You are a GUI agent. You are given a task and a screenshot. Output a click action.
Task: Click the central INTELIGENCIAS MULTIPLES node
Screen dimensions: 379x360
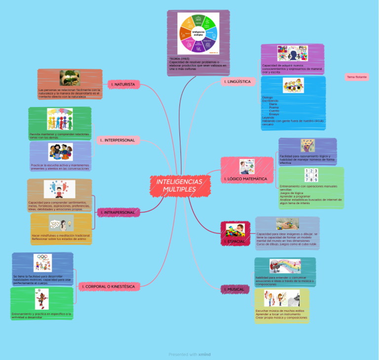[180, 186]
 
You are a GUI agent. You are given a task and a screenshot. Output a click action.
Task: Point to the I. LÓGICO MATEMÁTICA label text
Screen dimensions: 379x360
[246, 179]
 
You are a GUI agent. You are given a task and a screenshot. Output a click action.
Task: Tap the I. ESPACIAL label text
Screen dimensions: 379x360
[234, 241]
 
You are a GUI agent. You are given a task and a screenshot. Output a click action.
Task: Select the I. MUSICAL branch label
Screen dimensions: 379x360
[234, 289]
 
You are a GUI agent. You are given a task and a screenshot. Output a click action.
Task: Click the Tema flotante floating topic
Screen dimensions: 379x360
[357, 77]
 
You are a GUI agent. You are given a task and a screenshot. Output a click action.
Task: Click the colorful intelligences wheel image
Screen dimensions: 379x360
[198, 34]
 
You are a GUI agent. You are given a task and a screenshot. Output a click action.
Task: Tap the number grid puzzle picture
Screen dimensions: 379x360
[311, 176]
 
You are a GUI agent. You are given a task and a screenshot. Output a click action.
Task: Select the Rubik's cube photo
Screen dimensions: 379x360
[287, 224]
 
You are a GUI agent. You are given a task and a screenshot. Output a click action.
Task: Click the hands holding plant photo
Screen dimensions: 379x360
[70, 78]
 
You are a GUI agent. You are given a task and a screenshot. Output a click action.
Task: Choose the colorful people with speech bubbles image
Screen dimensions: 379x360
[60, 119]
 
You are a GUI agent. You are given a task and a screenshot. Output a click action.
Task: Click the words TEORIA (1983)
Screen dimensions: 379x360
[179, 58]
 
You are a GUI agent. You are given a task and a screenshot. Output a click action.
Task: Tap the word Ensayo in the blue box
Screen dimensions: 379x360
[274, 114]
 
